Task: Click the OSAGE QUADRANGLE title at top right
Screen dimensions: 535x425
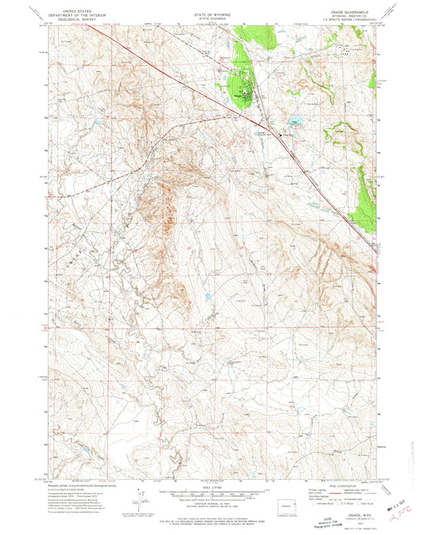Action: click(352, 10)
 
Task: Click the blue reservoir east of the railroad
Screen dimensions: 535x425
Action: click(297, 122)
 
